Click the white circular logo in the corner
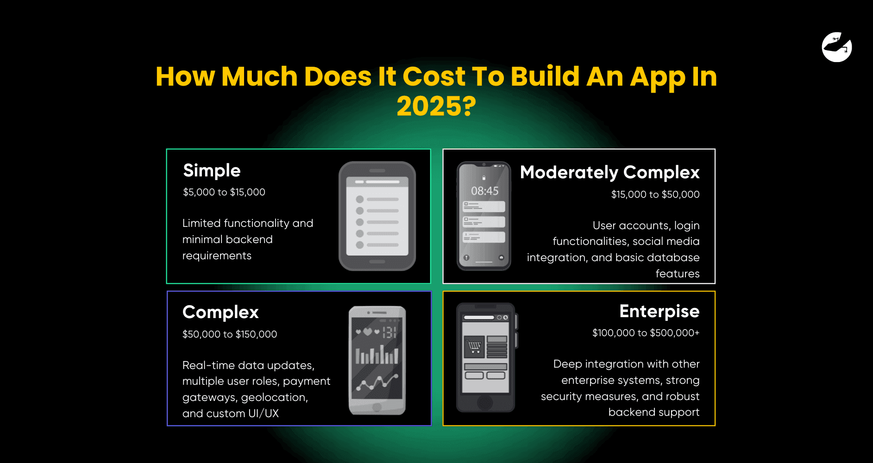point(837,47)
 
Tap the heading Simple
point(212,171)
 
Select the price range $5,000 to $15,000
point(224,192)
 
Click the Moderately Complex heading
point(609,173)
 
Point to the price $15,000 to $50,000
point(655,194)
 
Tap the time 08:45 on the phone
point(484,191)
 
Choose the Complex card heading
point(220,313)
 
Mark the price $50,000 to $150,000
point(230,334)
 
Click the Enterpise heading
point(659,312)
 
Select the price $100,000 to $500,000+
point(646,333)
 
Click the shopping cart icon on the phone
point(474,346)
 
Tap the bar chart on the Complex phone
point(377,355)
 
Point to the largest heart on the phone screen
point(367,332)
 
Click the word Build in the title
point(545,76)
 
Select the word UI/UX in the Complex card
point(264,413)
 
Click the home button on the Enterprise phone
point(485,402)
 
